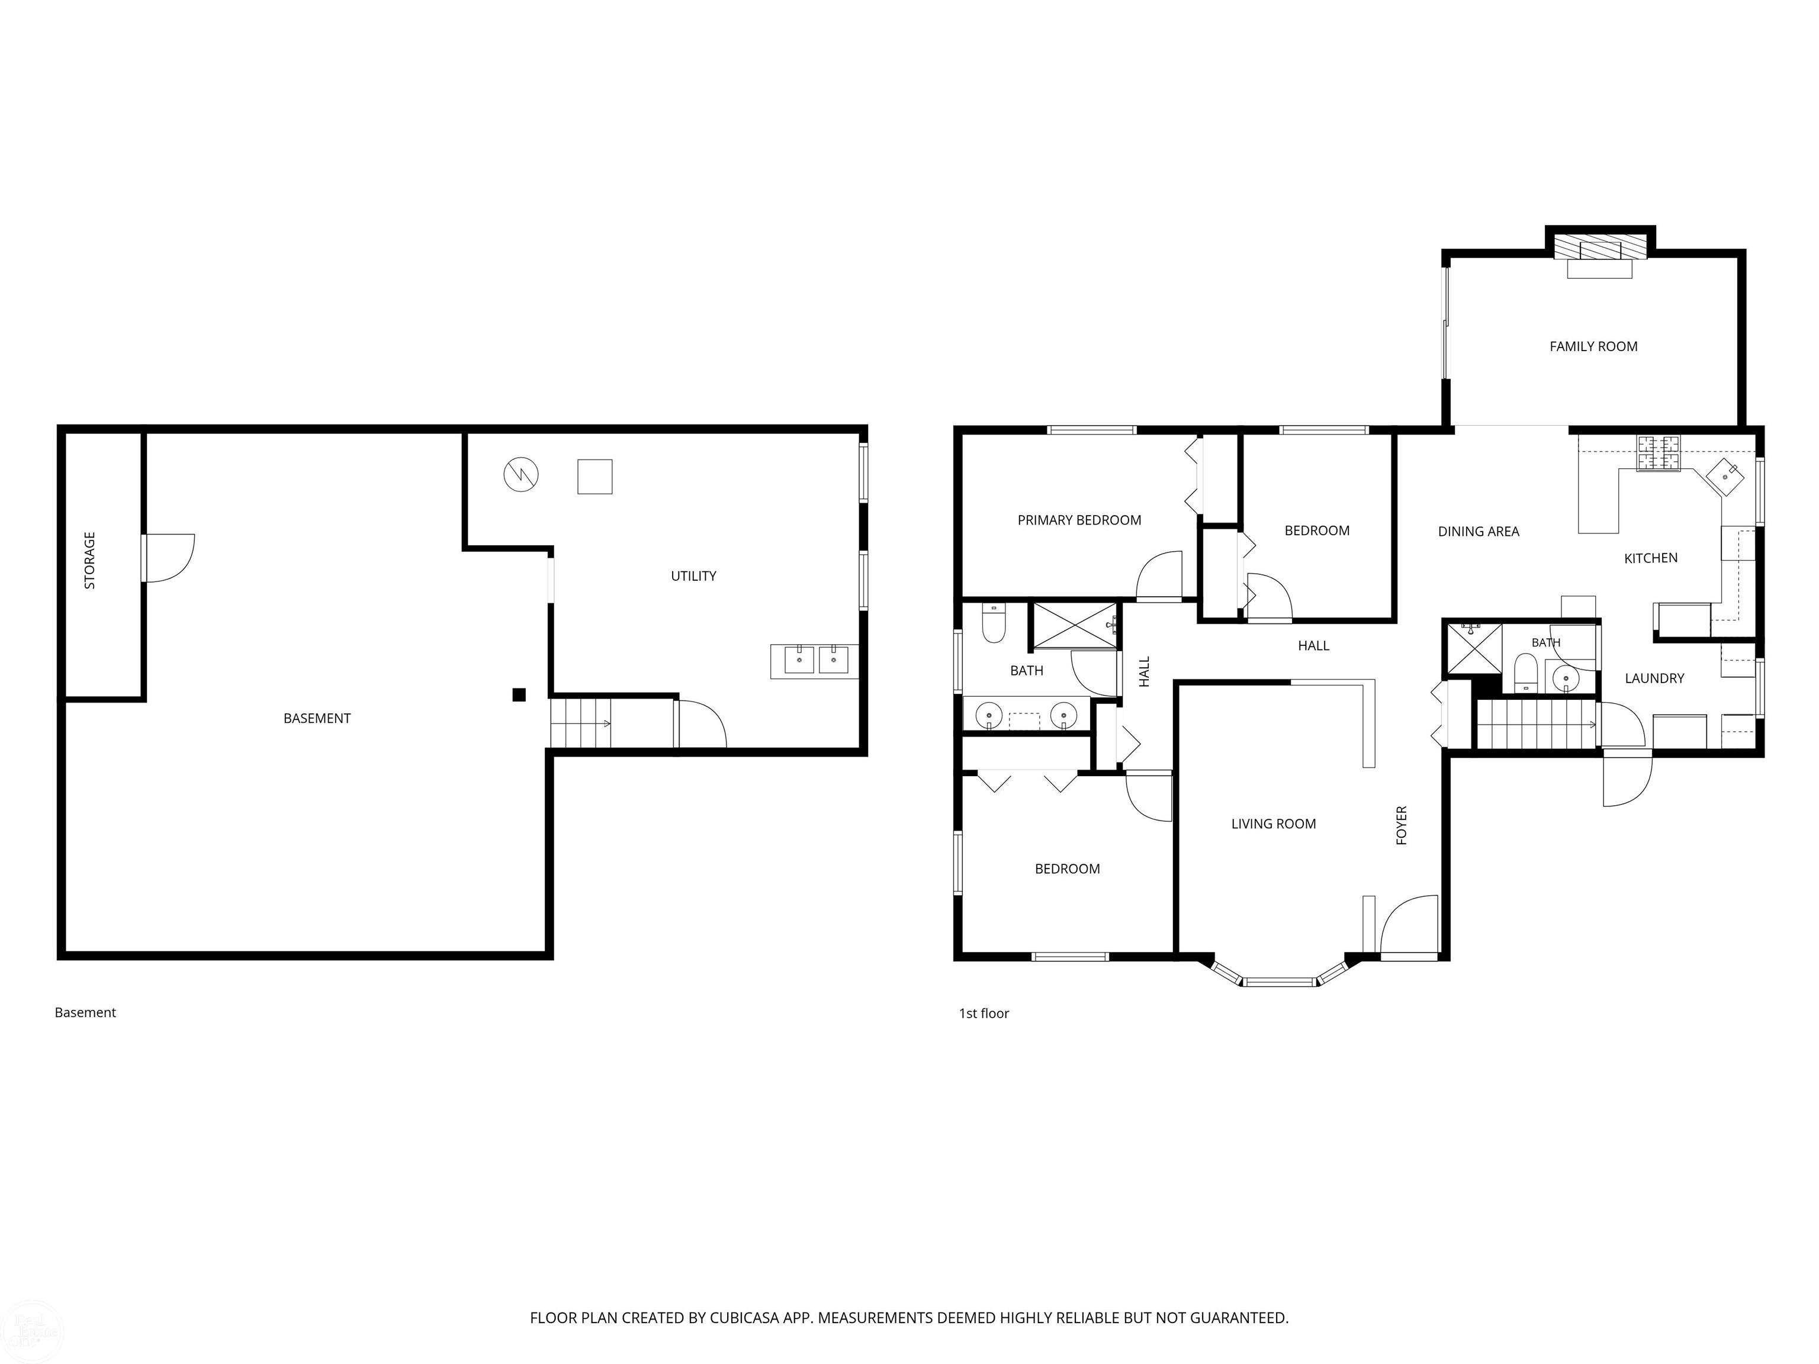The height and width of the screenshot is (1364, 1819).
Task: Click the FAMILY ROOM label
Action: (x=1593, y=347)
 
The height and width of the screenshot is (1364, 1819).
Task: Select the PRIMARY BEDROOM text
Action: (x=1079, y=520)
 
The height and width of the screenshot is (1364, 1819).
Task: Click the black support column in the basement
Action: (x=519, y=695)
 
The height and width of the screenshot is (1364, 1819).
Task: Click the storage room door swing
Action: (x=169, y=558)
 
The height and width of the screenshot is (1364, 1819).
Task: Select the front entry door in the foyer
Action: (x=1409, y=926)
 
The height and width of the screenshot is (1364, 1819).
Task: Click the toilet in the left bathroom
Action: (x=994, y=625)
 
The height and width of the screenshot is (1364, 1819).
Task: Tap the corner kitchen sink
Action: (x=1724, y=477)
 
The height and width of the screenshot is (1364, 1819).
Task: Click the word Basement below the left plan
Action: (x=85, y=1013)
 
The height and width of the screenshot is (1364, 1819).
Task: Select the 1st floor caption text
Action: (x=984, y=1014)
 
